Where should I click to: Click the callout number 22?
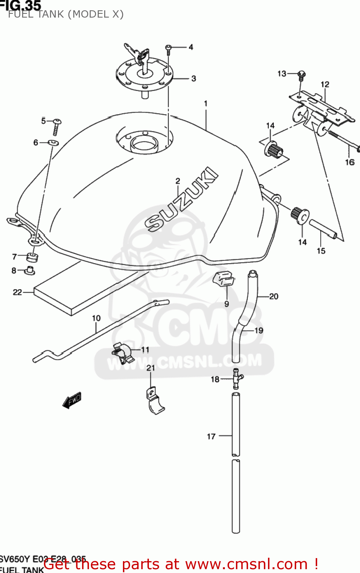point(17,292)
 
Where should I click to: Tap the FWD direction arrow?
point(72,400)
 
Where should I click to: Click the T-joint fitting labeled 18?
point(237,378)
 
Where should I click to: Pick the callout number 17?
point(211,436)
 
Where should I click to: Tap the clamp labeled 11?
point(123,352)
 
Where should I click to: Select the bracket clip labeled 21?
point(155,401)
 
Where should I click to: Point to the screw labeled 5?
point(57,126)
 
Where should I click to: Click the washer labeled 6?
point(53,143)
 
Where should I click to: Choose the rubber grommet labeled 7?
point(32,256)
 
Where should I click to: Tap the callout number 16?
point(350,162)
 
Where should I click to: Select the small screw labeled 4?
point(168,49)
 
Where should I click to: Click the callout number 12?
point(325,84)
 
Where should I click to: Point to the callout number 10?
point(96,318)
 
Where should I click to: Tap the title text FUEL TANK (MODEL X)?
point(66,14)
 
